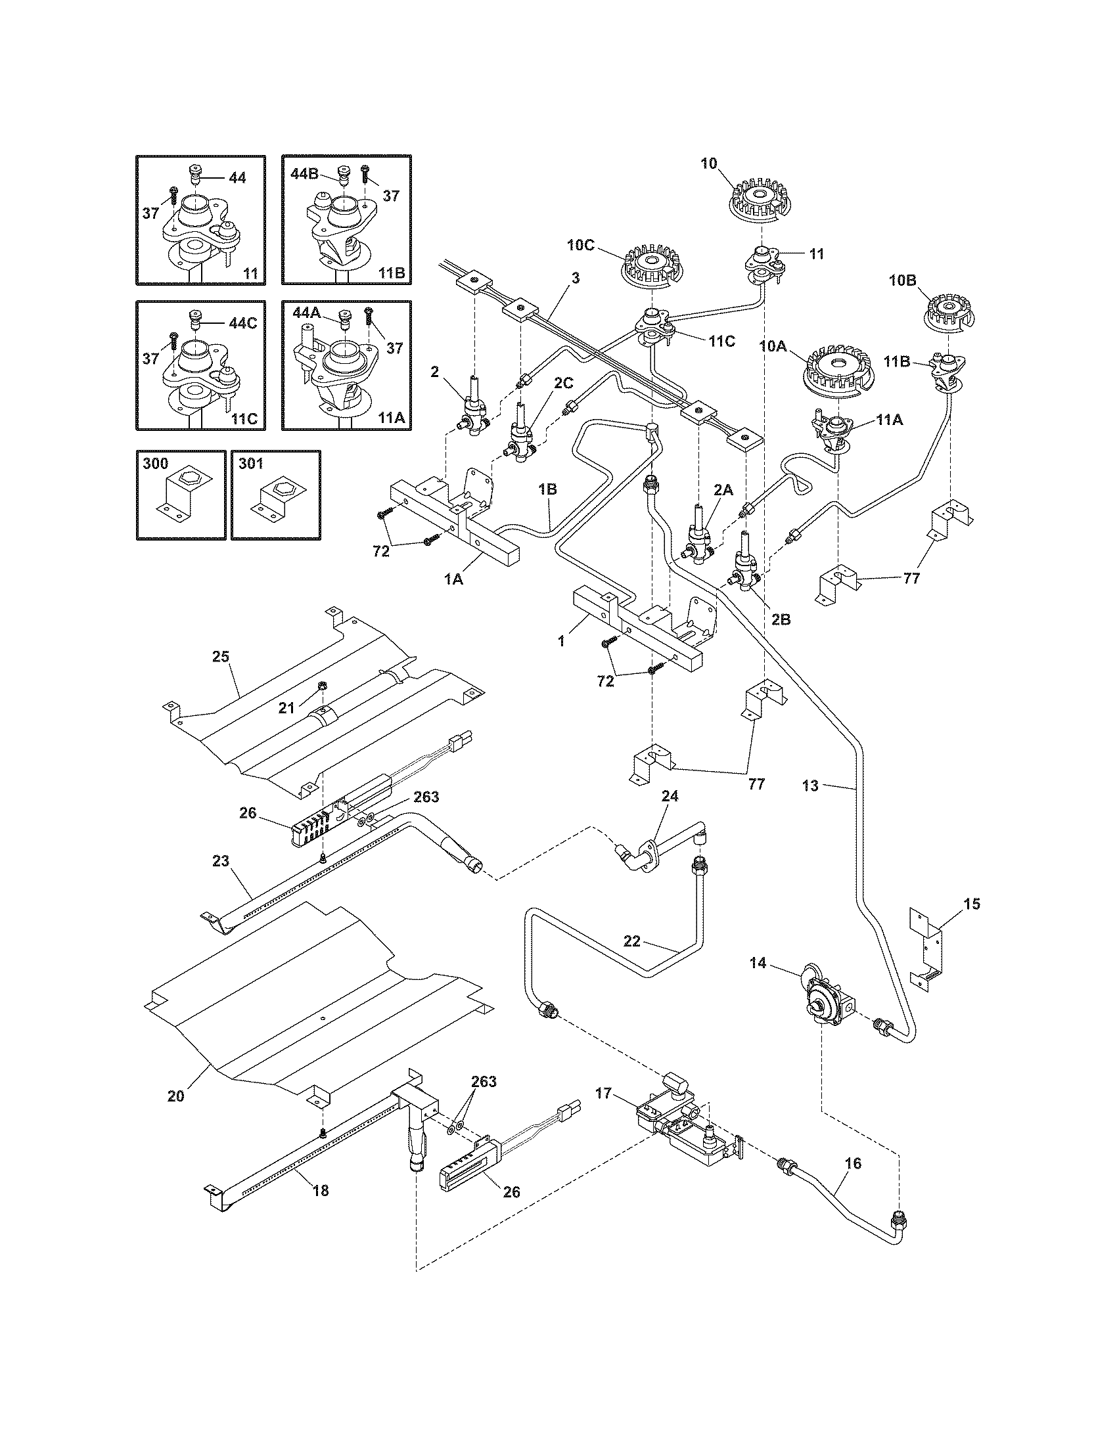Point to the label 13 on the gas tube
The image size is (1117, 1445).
810,786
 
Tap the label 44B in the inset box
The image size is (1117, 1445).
305,173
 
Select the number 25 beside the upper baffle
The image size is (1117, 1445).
220,656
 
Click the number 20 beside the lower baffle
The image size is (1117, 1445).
175,1096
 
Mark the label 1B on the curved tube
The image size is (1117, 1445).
547,489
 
